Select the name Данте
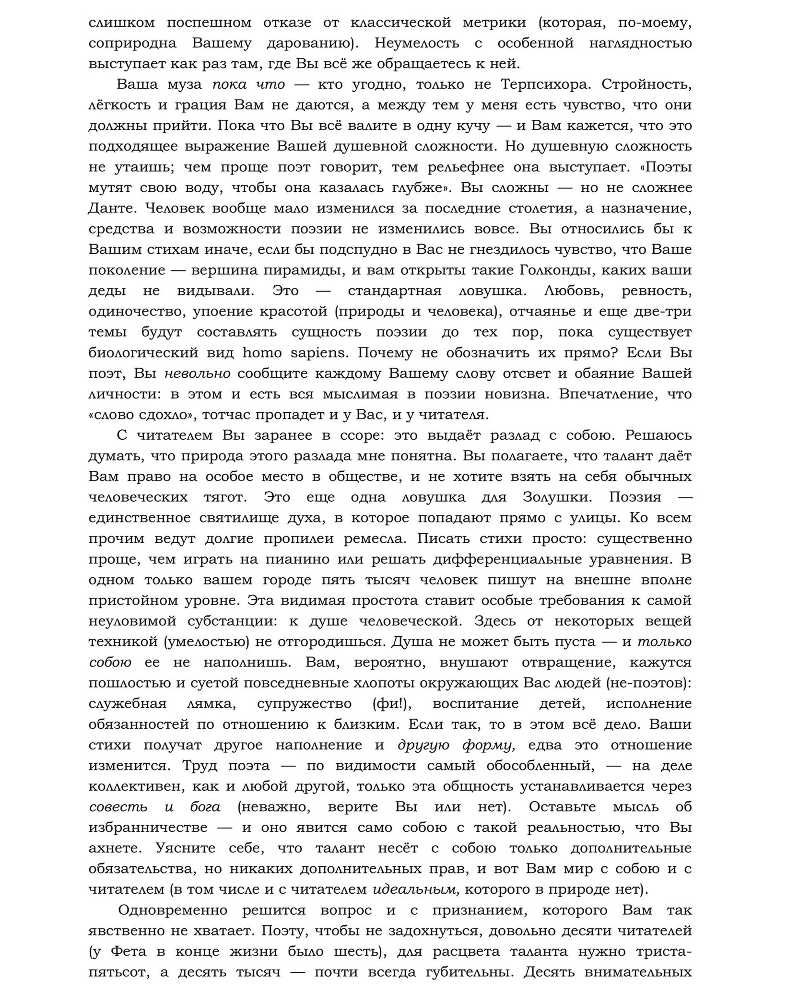pyautogui.click(x=112, y=209)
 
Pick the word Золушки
pyautogui.click(x=559, y=497)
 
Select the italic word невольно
pyautogui.click(x=197, y=373)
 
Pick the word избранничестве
pyautogui.click(x=148, y=828)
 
